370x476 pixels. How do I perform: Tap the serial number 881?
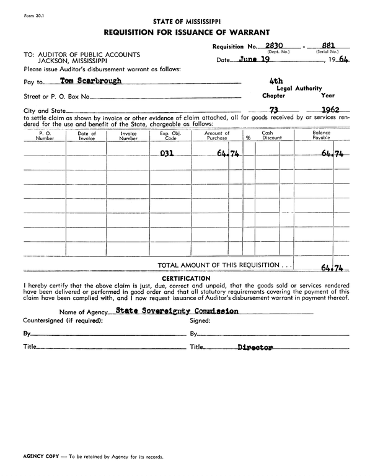[x=328, y=45]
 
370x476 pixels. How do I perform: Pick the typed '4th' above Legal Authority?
[x=276, y=81]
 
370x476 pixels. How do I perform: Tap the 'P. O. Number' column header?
[x=45, y=136]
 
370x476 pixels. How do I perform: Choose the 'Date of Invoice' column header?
[x=87, y=136]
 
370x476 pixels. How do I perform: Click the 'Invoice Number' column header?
[x=128, y=136]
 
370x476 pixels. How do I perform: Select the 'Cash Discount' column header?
[x=271, y=136]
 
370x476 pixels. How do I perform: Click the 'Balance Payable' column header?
[x=321, y=136]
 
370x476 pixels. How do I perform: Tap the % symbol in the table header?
[x=248, y=138]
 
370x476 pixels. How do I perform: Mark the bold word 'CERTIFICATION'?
[x=185, y=278]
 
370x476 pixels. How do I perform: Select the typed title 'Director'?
[x=255, y=348]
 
